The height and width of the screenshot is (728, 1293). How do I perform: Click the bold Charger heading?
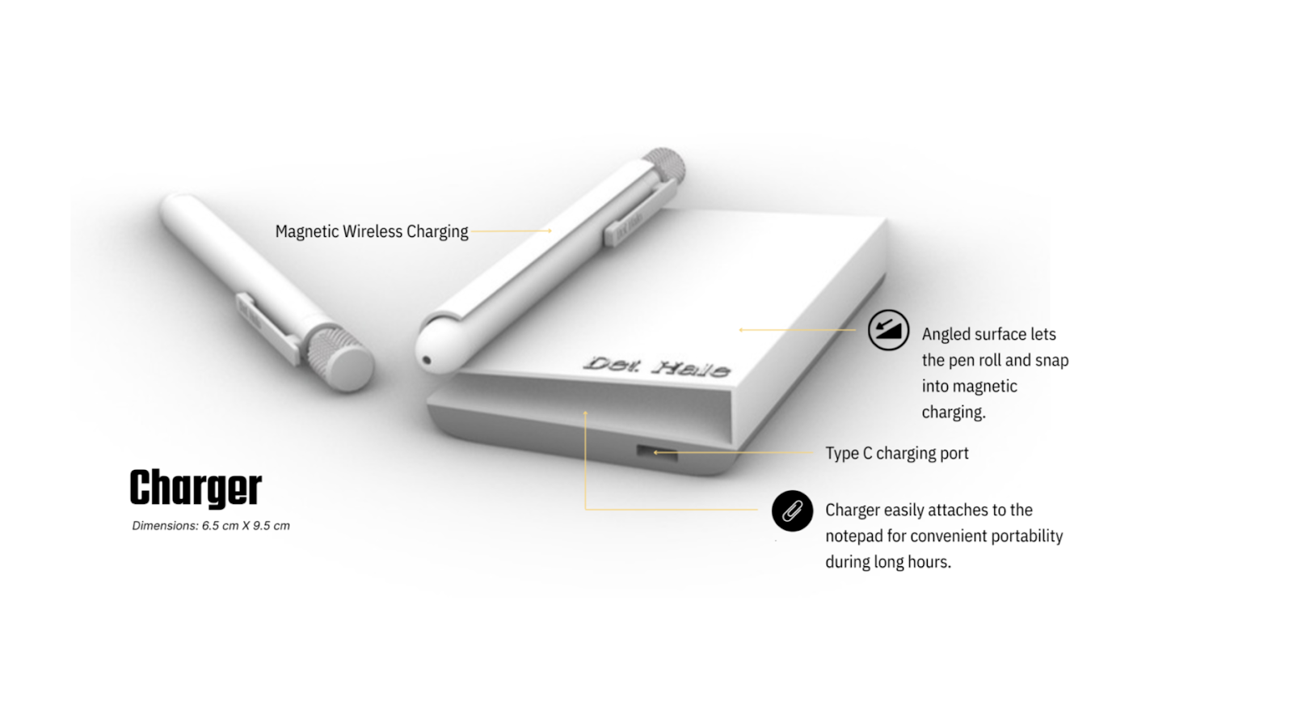click(x=196, y=489)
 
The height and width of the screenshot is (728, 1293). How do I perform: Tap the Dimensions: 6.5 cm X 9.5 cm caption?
click(x=211, y=526)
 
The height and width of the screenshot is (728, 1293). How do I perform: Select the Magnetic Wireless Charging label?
click(x=372, y=231)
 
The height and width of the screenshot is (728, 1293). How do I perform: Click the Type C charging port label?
click(x=897, y=454)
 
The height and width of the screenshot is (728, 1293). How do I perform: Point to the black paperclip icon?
click(x=792, y=511)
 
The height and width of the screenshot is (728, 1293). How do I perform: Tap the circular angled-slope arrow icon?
click(x=888, y=330)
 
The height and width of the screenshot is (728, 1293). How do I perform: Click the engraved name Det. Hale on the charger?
click(x=657, y=366)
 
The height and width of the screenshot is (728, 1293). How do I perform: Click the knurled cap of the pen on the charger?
click(x=663, y=165)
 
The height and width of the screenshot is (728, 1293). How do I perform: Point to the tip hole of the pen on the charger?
click(x=426, y=361)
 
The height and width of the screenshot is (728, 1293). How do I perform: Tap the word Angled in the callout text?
click(x=945, y=335)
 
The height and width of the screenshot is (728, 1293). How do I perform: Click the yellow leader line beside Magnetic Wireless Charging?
click(x=511, y=231)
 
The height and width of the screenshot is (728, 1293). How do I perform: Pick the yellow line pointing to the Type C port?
click(x=732, y=452)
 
